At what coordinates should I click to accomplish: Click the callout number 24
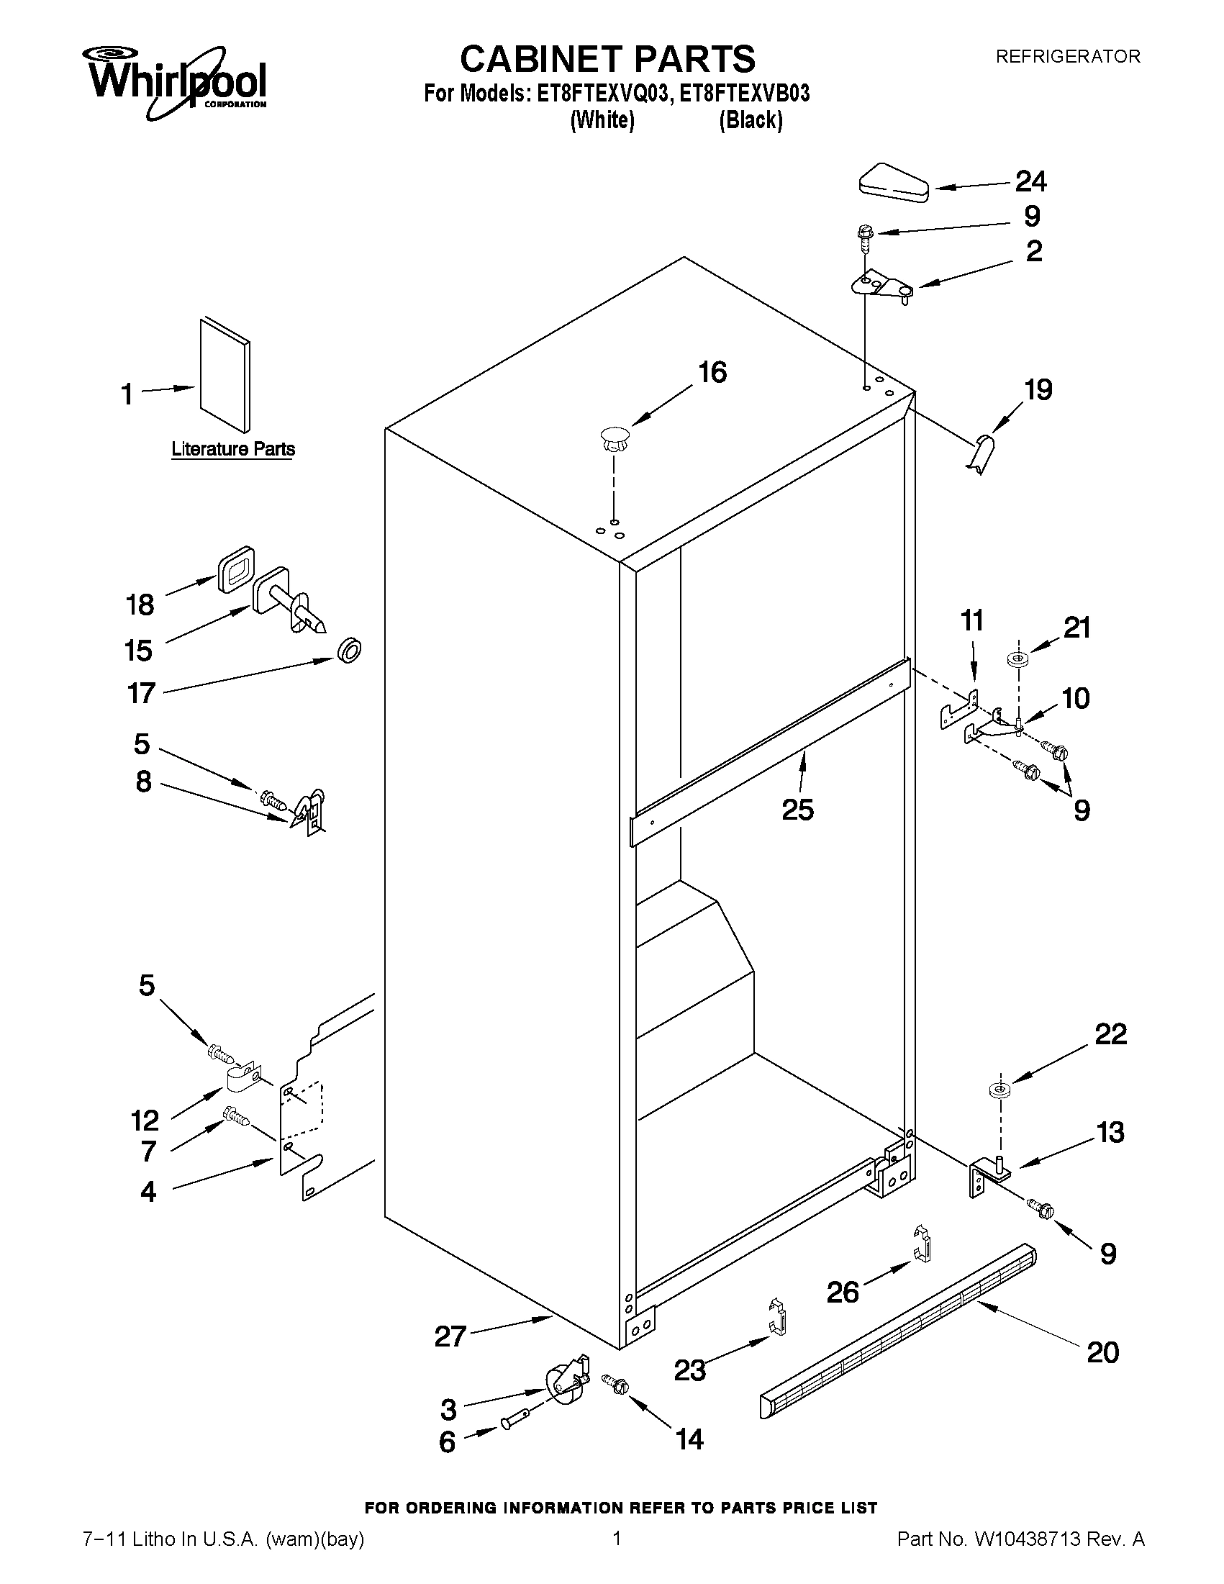[1030, 181]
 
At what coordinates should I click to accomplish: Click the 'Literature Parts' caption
[232, 449]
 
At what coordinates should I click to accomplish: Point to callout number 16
[712, 373]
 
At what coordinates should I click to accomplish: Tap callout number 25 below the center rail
[797, 810]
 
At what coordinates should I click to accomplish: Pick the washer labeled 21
[1017, 659]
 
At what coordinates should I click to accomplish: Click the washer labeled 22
[1000, 1090]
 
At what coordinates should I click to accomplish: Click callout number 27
[450, 1335]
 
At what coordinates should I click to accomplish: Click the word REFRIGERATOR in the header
[1067, 57]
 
